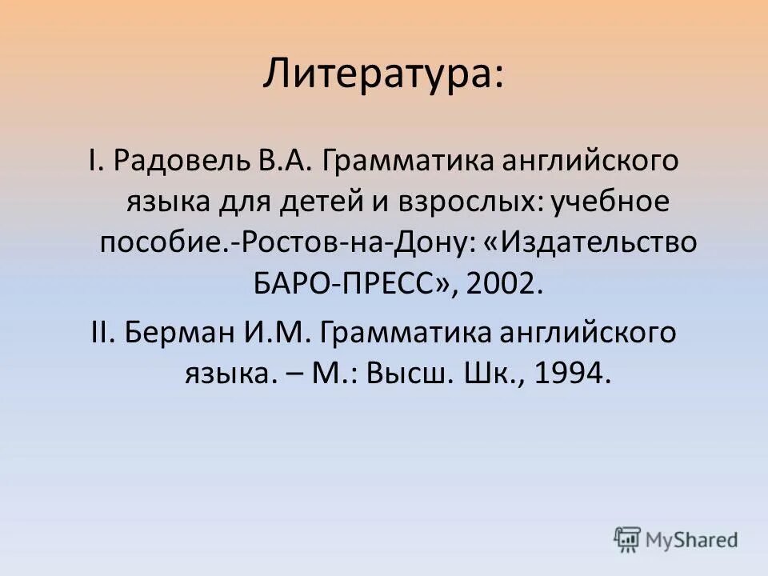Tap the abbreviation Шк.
click(486, 374)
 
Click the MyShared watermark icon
click(628, 538)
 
